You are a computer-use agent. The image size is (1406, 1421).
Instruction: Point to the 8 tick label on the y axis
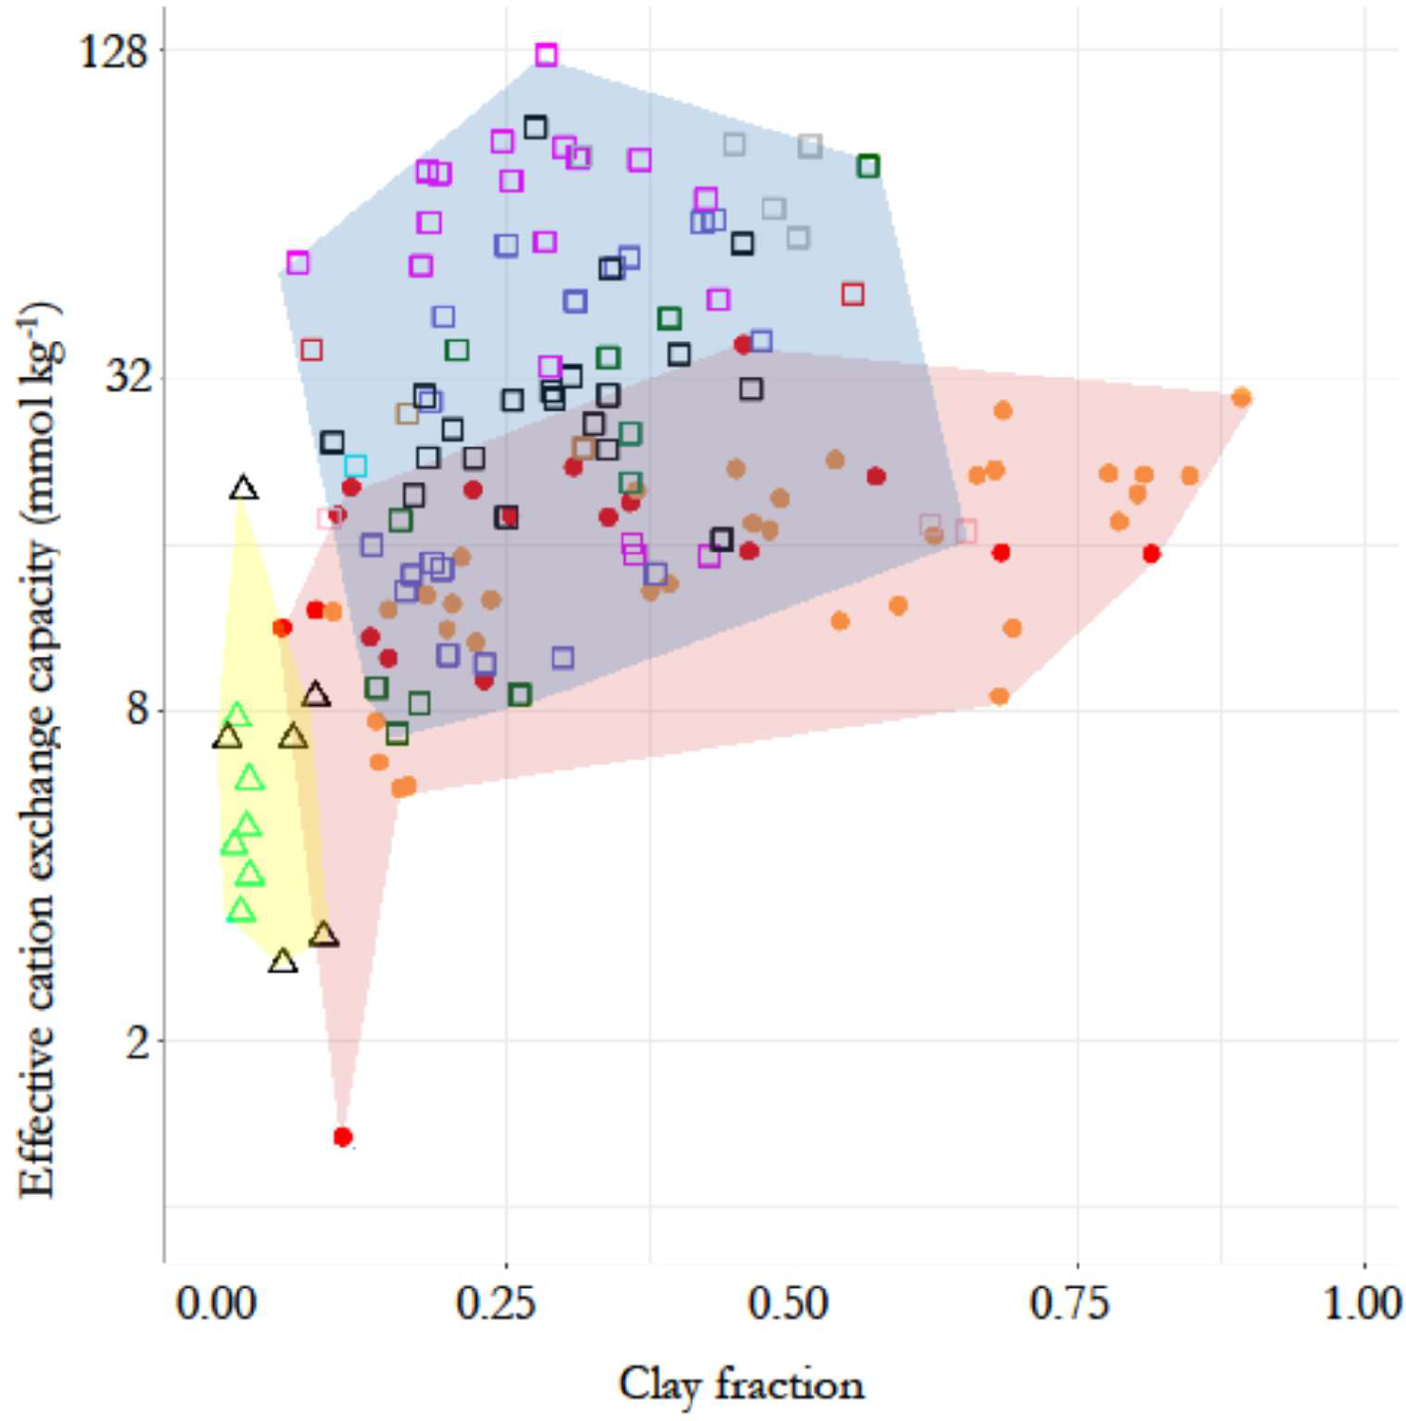click(139, 709)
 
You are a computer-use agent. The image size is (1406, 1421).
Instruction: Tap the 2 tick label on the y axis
click(139, 1040)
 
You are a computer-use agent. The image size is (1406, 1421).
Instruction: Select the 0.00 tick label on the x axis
click(216, 1302)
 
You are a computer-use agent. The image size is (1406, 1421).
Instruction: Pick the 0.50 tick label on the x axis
click(788, 1302)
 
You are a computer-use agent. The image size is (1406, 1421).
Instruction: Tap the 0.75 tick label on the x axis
click(1070, 1302)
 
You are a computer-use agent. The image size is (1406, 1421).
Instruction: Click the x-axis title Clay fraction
click(741, 1385)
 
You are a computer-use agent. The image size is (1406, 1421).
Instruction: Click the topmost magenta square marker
click(545, 55)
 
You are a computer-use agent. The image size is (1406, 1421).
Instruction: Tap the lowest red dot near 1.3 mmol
click(343, 1136)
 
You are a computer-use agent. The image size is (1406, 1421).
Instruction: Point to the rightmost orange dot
click(1241, 397)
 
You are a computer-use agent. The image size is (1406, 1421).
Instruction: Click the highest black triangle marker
click(244, 488)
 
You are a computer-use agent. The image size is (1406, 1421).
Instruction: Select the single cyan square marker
click(355, 466)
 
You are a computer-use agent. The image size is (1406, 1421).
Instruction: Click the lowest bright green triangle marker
click(241, 910)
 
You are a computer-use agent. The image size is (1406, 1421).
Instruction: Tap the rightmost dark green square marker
click(867, 166)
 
